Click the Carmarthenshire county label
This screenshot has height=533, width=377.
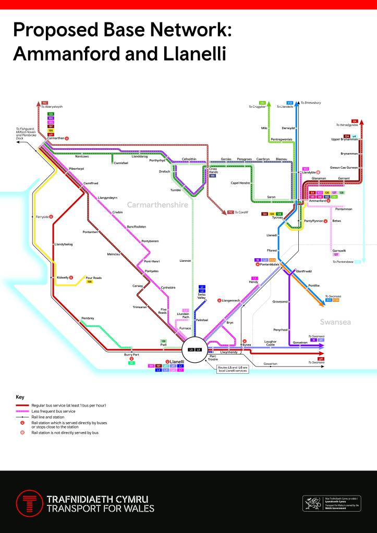[157, 205]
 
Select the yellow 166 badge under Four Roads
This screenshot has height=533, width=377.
[89, 282]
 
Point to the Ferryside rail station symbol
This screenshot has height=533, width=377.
[51, 216]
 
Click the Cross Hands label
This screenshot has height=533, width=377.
[213, 170]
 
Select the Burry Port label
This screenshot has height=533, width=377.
[131, 354]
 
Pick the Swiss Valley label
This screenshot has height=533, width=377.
[202, 296]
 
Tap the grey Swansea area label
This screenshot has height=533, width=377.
[335, 322]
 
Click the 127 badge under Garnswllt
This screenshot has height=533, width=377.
[336, 255]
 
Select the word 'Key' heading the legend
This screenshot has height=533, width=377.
[20, 397]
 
